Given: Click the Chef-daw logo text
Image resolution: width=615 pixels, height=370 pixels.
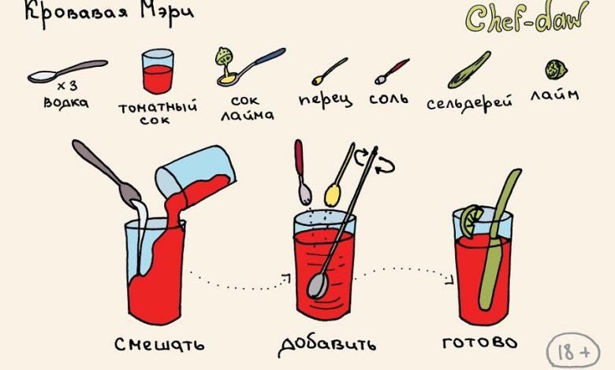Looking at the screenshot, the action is (x=527, y=18).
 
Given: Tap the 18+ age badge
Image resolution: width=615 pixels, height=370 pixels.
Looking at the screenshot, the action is (x=573, y=352).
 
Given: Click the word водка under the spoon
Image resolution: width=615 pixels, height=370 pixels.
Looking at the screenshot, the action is (x=66, y=102).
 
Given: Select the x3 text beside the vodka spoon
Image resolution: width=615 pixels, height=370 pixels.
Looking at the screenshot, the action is (x=67, y=86).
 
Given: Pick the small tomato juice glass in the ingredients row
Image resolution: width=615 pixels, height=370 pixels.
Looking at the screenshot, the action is (x=158, y=71).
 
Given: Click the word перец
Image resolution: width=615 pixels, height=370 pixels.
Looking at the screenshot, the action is (x=325, y=100).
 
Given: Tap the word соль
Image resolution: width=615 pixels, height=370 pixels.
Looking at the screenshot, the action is (x=389, y=98).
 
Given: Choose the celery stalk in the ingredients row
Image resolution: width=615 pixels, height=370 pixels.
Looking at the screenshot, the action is (x=469, y=70).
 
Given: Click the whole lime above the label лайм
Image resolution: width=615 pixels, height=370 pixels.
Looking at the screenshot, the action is (x=556, y=70).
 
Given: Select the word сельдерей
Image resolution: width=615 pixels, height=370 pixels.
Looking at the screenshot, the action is (x=469, y=103).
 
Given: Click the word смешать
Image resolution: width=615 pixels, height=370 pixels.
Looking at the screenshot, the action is (x=159, y=345).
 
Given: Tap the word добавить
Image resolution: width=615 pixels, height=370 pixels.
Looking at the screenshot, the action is (x=326, y=345).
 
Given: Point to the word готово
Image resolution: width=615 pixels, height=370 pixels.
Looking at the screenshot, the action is (x=479, y=343).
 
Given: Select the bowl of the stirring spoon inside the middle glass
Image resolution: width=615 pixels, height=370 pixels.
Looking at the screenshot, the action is (x=318, y=286).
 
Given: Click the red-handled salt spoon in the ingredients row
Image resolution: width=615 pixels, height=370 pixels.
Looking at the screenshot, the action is (x=392, y=72).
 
